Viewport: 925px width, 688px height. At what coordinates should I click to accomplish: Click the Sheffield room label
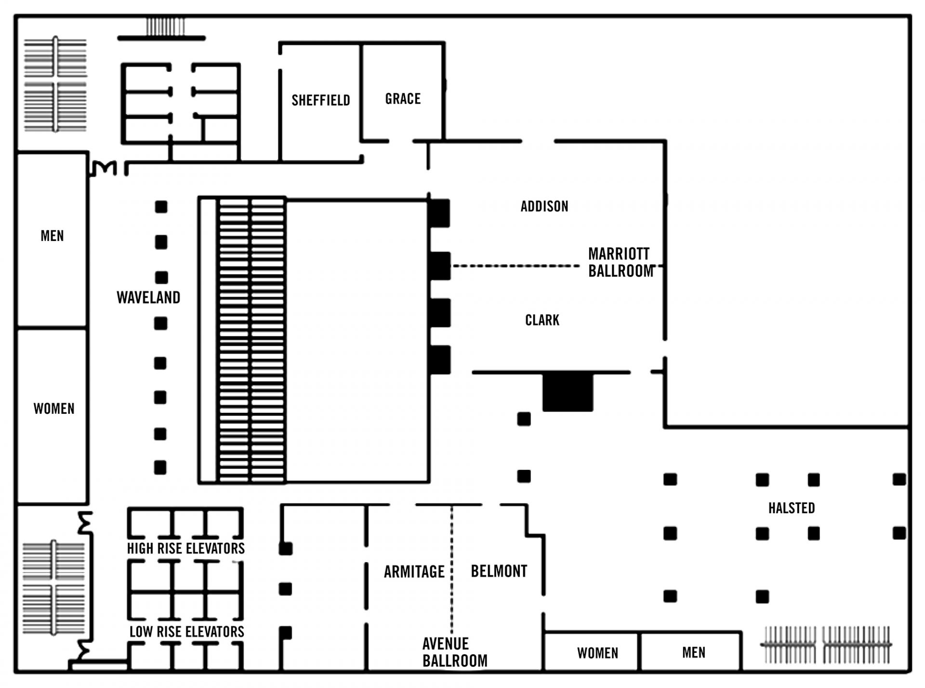(x=321, y=100)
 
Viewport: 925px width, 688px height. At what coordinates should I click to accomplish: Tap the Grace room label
(x=403, y=99)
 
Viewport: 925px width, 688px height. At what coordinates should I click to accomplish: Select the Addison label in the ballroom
(x=544, y=206)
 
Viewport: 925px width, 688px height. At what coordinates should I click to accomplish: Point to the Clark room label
(x=542, y=320)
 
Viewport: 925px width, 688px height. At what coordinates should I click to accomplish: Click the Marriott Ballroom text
(x=621, y=262)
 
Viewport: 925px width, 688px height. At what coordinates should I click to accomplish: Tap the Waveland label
(x=148, y=297)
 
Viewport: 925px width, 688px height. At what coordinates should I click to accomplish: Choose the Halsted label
(x=792, y=508)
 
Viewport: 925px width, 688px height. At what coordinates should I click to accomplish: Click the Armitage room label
(x=414, y=571)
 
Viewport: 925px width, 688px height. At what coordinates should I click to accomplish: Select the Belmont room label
(x=499, y=571)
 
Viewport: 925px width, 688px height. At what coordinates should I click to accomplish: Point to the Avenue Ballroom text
(x=455, y=652)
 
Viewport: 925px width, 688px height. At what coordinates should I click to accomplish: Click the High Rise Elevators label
(x=186, y=548)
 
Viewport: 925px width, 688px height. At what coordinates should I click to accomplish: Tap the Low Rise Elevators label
(x=187, y=632)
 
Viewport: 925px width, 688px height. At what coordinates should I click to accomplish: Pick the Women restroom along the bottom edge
(x=592, y=651)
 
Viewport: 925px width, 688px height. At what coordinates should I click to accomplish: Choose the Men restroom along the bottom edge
(x=691, y=651)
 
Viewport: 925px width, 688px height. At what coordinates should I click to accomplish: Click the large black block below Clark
(x=568, y=392)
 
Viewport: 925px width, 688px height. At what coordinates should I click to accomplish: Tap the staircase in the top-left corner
(x=55, y=84)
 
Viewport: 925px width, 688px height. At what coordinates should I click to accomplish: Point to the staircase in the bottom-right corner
(x=826, y=645)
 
